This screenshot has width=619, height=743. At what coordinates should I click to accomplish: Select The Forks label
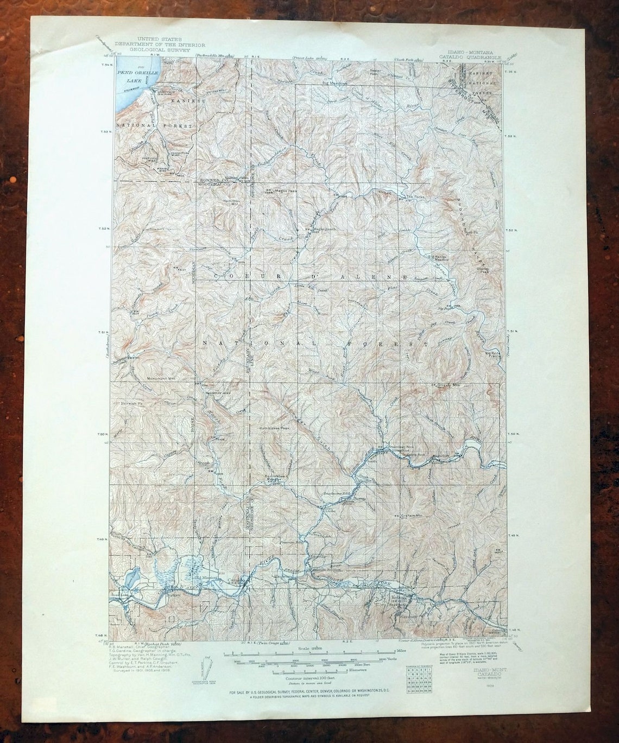(x=413, y=196)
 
